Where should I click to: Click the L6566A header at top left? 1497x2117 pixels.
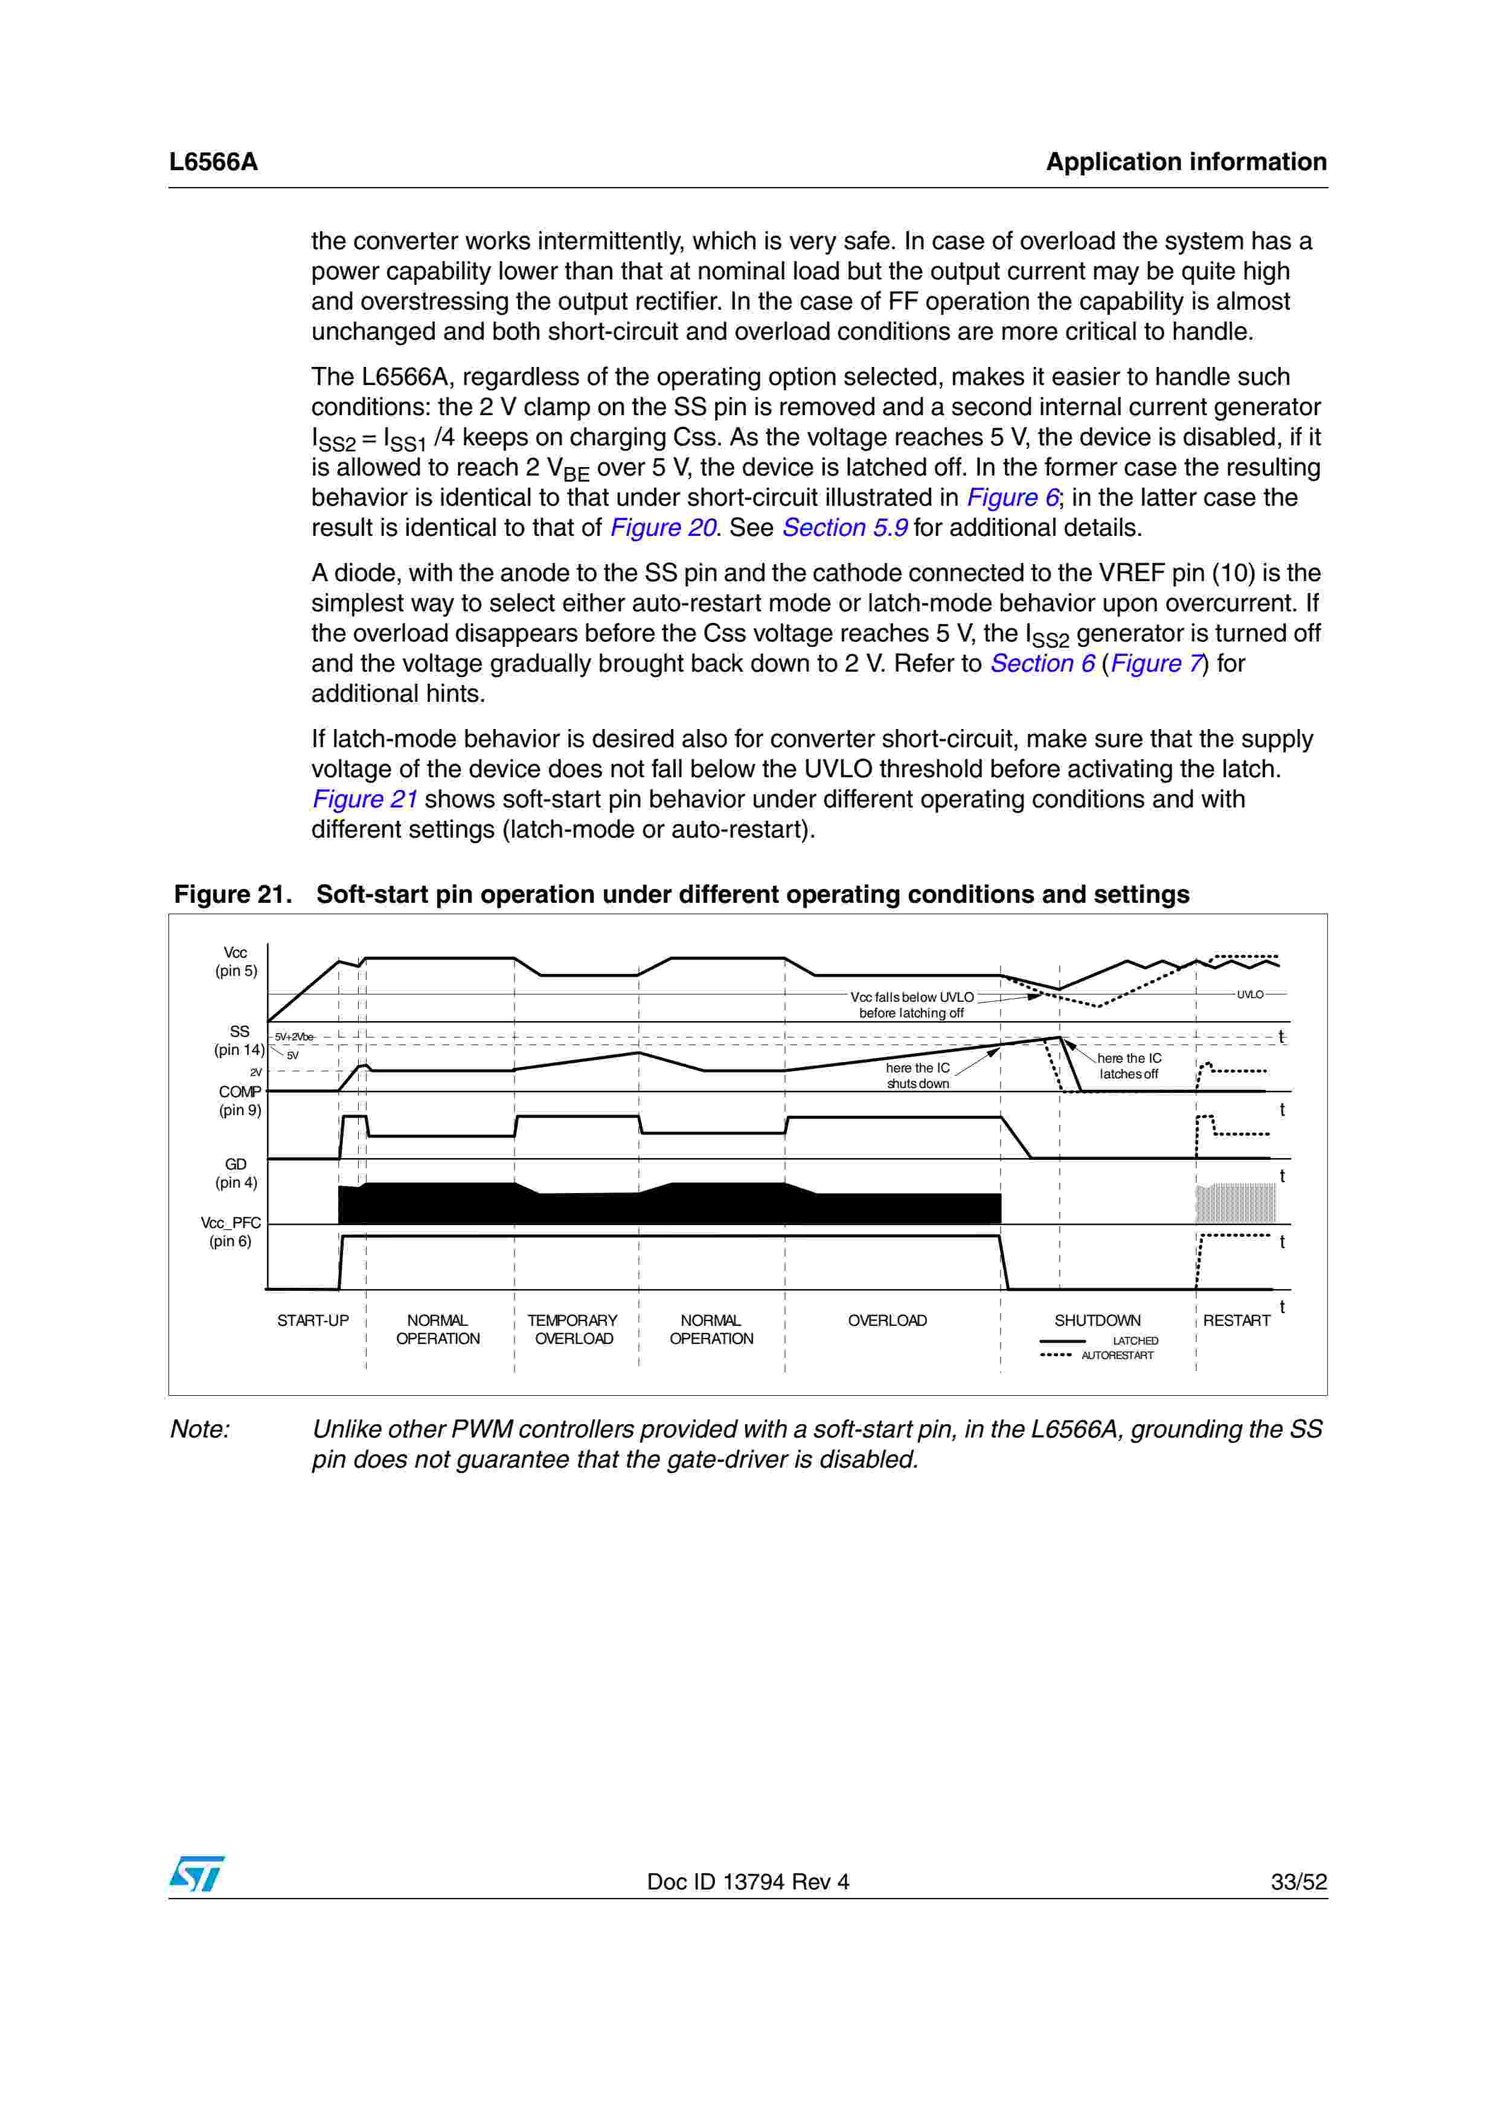[213, 162]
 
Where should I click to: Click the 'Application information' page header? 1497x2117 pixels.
[1185, 162]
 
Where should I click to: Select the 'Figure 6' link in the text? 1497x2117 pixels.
[1013, 498]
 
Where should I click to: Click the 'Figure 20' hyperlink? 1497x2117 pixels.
[663, 528]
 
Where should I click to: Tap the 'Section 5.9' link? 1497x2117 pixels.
[844, 528]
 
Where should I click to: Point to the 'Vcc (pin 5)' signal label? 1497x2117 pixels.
[236, 962]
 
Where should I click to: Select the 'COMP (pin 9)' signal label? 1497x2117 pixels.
[240, 1101]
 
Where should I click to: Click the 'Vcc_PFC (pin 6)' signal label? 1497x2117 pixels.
[231, 1232]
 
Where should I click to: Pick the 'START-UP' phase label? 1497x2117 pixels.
[313, 1320]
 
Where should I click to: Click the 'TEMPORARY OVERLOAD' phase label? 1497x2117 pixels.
[573, 1329]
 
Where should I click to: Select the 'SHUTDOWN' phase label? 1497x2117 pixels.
[1097, 1320]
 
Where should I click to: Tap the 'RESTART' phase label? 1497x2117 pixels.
[1236, 1320]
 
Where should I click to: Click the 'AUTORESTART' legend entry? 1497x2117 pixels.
[1117, 1355]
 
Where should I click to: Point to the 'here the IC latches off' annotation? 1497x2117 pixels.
[1129, 1066]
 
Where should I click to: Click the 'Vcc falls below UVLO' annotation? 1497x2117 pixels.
[911, 1005]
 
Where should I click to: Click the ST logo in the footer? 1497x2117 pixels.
[196, 1874]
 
